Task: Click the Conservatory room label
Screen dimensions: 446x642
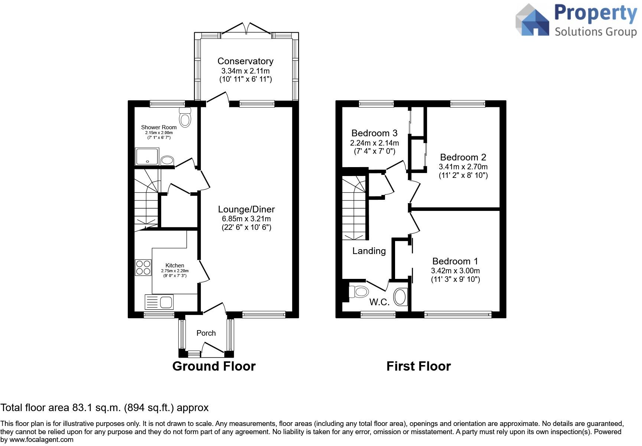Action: coord(245,61)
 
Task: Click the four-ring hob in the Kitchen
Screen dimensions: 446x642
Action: coord(143,267)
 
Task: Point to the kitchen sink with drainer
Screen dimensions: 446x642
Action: coord(159,302)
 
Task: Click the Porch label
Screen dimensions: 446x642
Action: coord(206,333)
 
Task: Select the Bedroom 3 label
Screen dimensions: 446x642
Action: coord(374,133)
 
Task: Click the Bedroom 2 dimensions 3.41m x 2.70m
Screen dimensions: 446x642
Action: coord(463,167)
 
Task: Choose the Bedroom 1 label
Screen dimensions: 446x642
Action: coord(455,261)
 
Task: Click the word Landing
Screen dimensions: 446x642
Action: coord(369,251)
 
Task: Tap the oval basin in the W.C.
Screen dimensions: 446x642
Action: coord(400,297)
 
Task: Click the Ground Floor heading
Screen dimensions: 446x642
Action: coord(214,366)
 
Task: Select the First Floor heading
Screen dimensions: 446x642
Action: coord(418,366)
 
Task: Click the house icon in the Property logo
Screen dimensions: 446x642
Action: coord(532,20)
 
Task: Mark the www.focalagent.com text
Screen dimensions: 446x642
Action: coord(41,440)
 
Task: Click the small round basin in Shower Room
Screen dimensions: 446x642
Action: coord(167,160)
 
